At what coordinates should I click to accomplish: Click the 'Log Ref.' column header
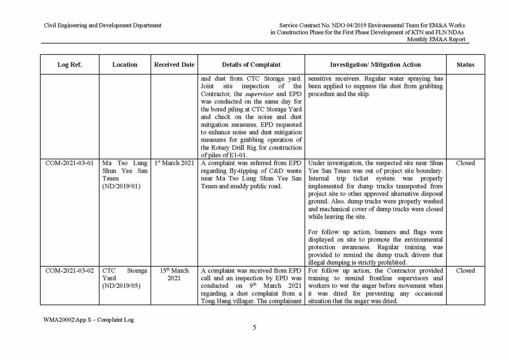click(69, 65)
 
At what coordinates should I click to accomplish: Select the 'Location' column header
click(125, 65)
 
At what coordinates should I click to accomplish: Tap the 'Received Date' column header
click(174, 65)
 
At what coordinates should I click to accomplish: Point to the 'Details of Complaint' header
click(251, 65)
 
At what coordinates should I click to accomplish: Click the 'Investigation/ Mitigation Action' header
click(375, 65)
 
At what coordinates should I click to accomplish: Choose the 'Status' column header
click(465, 65)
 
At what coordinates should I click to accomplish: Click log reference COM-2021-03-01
click(69, 163)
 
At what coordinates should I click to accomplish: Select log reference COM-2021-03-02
click(69, 271)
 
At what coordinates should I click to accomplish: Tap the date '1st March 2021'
click(174, 163)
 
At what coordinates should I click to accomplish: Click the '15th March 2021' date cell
click(174, 274)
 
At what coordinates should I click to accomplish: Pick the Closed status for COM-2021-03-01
click(465, 163)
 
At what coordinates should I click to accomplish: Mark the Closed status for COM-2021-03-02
click(465, 271)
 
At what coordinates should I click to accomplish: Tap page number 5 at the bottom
click(254, 328)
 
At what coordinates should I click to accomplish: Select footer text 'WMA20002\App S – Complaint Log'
click(88, 320)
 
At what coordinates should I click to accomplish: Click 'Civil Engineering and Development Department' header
click(102, 25)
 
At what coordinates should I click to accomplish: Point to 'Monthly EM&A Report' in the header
click(436, 39)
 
